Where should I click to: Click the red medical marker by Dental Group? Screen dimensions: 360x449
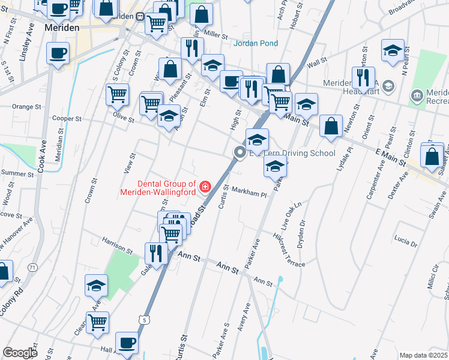pyautogui.click(x=205, y=188)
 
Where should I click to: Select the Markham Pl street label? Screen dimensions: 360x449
pyautogui.click(x=247, y=194)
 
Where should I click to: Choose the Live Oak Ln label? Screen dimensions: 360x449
pyautogui.click(x=291, y=216)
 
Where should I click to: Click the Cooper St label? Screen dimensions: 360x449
pyautogui.click(x=67, y=119)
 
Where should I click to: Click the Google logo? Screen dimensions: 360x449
pyautogui.click(x=20, y=353)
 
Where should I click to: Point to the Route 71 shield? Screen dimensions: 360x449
pyautogui.click(x=32, y=266)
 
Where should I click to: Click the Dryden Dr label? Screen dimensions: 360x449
pyautogui.click(x=303, y=230)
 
